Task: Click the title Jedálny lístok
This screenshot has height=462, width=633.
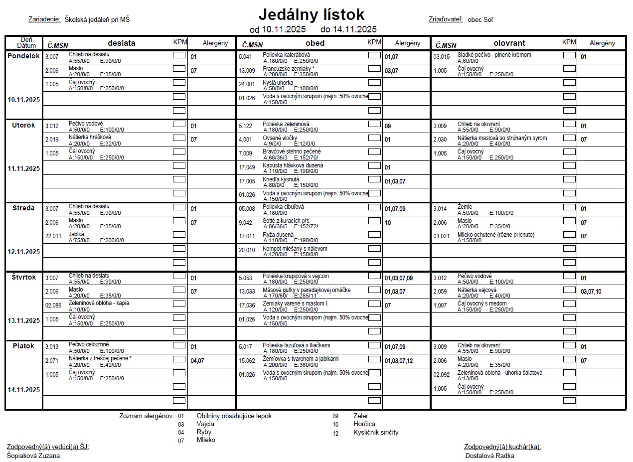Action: click(x=312, y=14)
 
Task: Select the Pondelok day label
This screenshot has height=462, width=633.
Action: click(x=23, y=56)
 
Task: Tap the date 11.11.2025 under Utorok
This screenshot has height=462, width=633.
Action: click(x=23, y=168)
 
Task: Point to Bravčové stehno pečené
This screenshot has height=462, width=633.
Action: click(x=292, y=152)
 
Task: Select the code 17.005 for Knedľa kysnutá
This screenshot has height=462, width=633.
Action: click(x=247, y=181)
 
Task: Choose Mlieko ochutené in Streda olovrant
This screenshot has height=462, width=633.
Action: click(x=495, y=234)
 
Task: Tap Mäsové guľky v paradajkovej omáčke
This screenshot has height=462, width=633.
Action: click(x=307, y=290)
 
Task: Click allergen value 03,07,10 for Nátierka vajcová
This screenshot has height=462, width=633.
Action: click(x=591, y=292)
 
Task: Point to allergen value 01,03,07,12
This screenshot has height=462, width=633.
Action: click(x=399, y=361)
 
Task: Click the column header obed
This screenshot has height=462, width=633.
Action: click(x=315, y=43)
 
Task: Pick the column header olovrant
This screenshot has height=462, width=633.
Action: click(x=509, y=43)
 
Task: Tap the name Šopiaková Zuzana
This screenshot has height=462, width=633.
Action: click(x=33, y=456)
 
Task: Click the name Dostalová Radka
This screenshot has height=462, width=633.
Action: click(x=489, y=456)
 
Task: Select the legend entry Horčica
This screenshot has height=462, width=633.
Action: click(x=364, y=424)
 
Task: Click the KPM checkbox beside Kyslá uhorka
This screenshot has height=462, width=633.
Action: click(x=374, y=83)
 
